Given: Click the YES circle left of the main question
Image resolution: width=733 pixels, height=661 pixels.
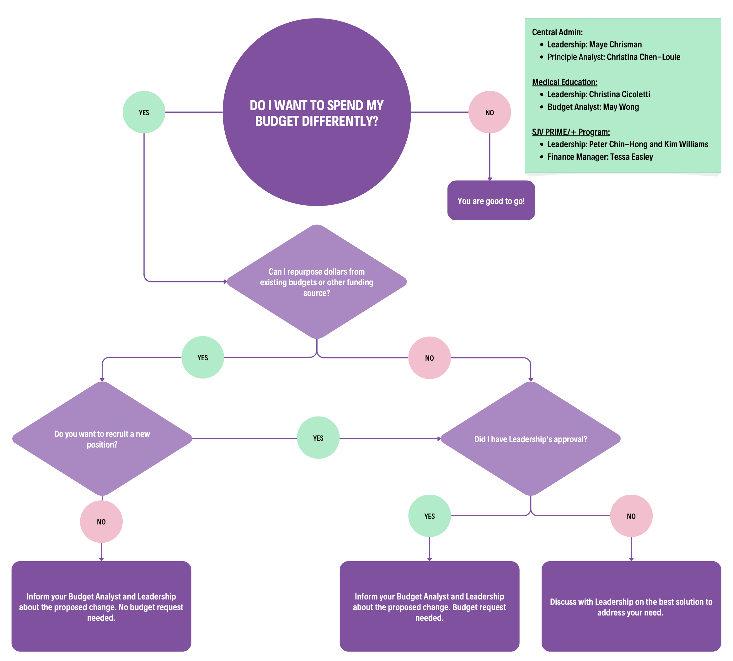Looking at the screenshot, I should pos(144,112).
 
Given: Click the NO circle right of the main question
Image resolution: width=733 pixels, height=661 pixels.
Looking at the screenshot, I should pos(490,112).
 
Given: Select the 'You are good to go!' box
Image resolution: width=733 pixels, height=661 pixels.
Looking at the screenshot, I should pos(491,201).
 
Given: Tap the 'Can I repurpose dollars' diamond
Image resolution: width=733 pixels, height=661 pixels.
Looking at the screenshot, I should pos(317,282).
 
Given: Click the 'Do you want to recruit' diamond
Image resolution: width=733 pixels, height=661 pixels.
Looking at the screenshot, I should pos(102,439).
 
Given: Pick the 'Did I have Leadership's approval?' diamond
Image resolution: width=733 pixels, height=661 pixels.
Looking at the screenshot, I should pos(530,439).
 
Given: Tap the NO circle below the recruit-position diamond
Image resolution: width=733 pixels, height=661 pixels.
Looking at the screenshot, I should pos(101,522).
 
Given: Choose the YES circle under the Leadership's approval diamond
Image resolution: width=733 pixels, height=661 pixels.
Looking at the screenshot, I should pos(429,516).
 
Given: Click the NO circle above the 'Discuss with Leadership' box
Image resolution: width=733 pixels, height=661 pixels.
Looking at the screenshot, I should pos(631,516).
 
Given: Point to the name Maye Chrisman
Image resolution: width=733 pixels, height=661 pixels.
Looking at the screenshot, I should pos(615,44).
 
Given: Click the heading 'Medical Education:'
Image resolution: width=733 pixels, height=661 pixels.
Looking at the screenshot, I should pos(564,82).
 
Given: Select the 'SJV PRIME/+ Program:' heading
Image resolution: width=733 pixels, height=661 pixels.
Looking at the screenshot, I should pos(571,132).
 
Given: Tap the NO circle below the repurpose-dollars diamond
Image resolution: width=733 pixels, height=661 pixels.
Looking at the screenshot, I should pos(429,358).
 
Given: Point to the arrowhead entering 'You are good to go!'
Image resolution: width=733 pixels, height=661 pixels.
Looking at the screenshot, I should pos(490,179).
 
